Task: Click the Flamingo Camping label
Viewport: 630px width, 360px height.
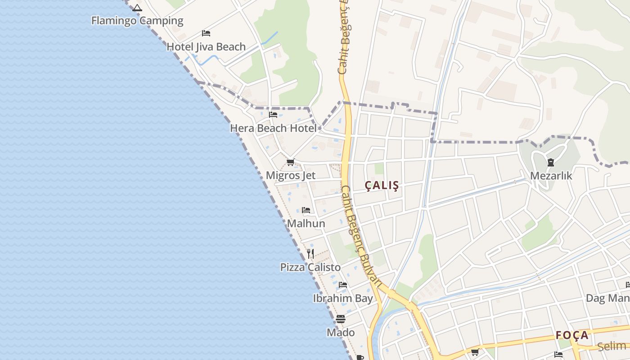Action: pyautogui.click(x=137, y=21)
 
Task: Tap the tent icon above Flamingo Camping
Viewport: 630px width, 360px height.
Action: pyautogui.click(x=137, y=8)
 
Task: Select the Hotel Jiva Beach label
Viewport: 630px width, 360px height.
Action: pyautogui.click(x=206, y=47)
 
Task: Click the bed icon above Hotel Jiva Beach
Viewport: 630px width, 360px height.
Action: pyautogui.click(x=206, y=33)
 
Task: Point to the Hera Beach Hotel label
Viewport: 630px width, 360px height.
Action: pyautogui.click(x=273, y=128)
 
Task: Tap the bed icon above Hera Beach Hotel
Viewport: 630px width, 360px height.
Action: pyautogui.click(x=273, y=115)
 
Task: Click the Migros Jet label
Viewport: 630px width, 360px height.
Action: pyautogui.click(x=291, y=175)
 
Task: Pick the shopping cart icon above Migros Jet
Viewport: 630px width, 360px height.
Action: pyautogui.click(x=291, y=162)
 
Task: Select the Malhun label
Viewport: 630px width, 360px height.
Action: pyautogui.click(x=306, y=224)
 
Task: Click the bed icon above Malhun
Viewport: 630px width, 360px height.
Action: pyautogui.click(x=306, y=210)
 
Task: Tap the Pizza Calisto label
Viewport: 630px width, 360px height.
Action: pyautogui.click(x=310, y=267)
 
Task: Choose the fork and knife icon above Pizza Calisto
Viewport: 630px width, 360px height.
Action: pyautogui.click(x=310, y=254)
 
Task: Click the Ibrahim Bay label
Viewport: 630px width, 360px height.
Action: pyautogui.click(x=343, y=298)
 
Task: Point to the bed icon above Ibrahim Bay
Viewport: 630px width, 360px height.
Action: pyautogui.click(x=343, y=285)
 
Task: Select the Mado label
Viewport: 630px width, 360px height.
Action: pyautogui.click(x=341, y=333)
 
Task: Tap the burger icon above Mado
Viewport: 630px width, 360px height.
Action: pyautogui.click(x=341, y=319)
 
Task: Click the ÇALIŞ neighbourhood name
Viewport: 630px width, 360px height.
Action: pyautogui.click(x=382, y=185)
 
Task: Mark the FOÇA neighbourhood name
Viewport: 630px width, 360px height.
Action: pyautogui.click(x=572, y=335)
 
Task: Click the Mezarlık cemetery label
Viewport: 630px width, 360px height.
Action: pyautogui.click(x=551, y=176)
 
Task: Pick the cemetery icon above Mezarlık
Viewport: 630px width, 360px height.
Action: pyautogui.click(x=550, y=162)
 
